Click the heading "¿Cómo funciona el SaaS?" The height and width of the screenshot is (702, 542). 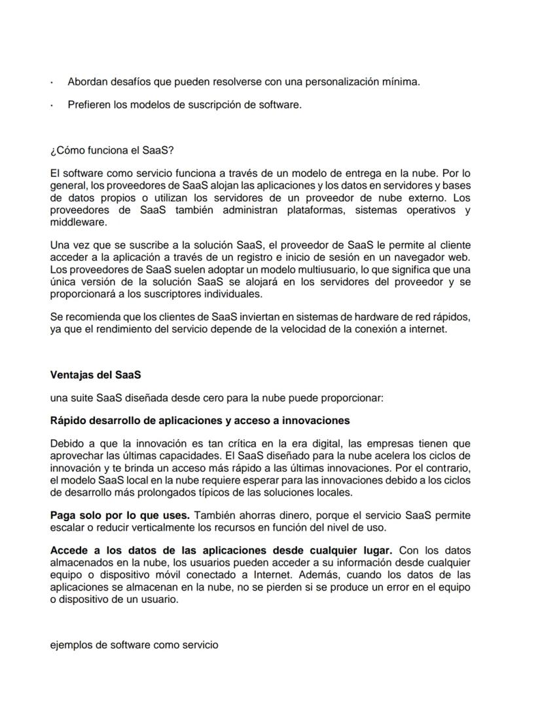tap(112, 151)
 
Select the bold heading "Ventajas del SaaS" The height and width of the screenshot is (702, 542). tap(96, 376)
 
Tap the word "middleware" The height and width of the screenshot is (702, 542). tap(77, 222)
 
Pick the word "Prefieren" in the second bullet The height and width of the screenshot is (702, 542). tap(89, 105)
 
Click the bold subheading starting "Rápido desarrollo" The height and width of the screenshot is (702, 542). tap(200, 420)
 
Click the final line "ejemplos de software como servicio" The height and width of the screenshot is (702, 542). tap(134, 644)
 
